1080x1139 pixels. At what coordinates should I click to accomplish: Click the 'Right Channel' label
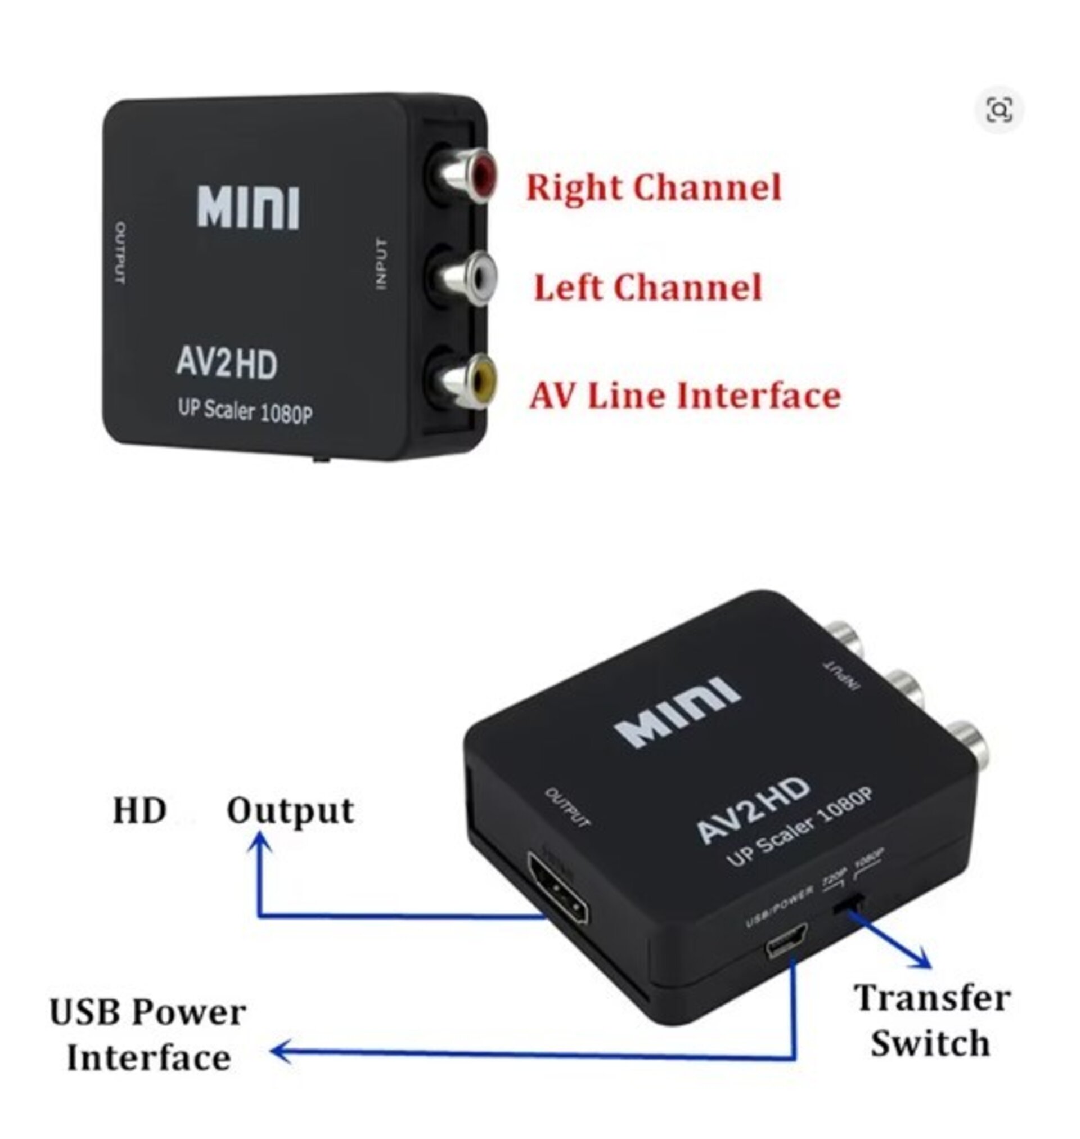654,188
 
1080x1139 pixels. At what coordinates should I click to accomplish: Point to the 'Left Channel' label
647,288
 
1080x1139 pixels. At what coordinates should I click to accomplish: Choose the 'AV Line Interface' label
685,396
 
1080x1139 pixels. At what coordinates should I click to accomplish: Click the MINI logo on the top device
248,207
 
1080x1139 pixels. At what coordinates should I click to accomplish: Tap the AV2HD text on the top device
226,364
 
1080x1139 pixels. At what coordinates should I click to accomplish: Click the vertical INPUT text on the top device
381,264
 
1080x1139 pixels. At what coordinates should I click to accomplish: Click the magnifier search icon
999,109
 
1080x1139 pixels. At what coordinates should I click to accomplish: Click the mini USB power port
786,941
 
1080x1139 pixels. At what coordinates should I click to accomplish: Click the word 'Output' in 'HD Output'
290,811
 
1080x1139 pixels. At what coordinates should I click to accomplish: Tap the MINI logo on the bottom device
677,712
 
